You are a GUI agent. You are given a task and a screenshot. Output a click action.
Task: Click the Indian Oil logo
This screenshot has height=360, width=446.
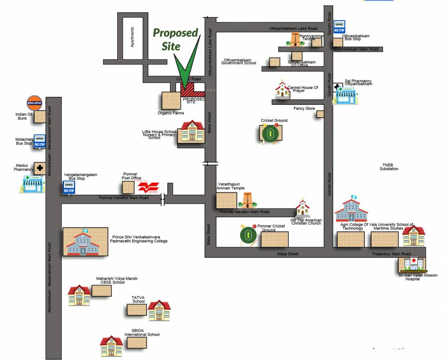tap(34, 103)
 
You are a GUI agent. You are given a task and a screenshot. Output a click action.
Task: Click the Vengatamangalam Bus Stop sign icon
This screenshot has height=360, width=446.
tap(69, 187)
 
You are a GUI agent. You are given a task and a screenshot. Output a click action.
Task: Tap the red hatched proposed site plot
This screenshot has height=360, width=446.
tap(193, 89)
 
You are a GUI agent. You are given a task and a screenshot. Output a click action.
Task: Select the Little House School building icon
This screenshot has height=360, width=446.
tap(191, 131)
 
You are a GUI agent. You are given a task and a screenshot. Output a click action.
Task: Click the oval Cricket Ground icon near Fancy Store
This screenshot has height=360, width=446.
tap(271, 134)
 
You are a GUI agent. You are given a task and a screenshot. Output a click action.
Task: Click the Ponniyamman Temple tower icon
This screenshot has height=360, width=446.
tap(295, 39)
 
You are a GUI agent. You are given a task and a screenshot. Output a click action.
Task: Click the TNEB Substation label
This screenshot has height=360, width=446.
tap(389, 166)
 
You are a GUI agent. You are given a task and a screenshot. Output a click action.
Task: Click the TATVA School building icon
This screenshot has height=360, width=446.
tap(159, 310)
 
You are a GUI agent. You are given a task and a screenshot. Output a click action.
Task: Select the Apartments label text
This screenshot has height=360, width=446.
tap(133, 37)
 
